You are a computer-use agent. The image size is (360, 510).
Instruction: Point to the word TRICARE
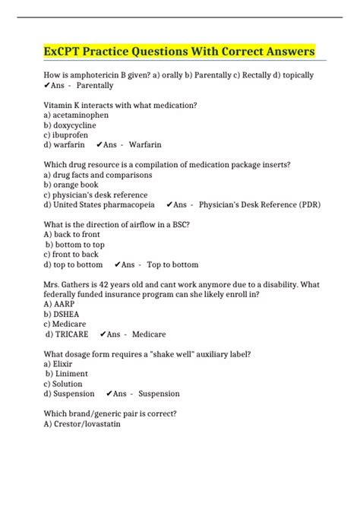(x=71, y=334)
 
